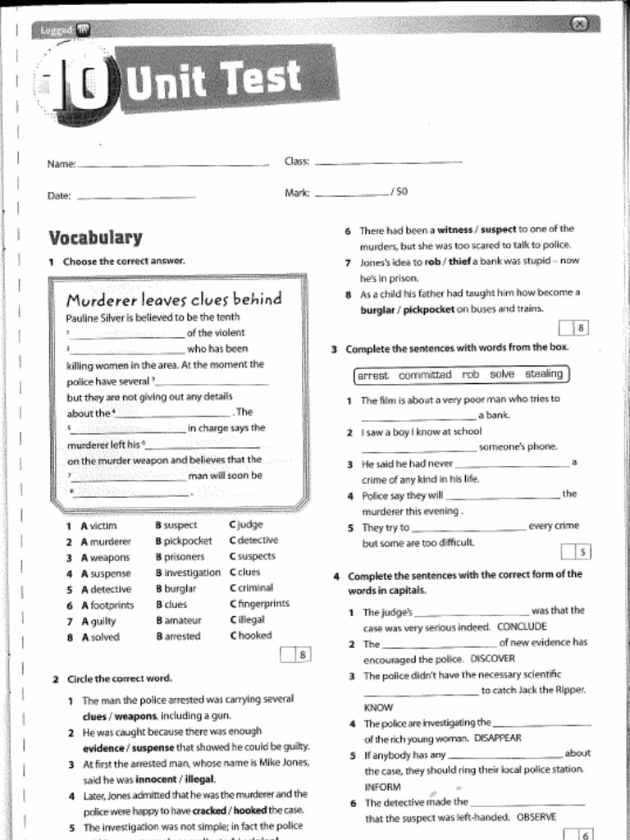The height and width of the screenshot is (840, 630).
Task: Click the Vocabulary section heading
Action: (95, 238)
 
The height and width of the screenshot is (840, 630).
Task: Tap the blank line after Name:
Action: (172, 165)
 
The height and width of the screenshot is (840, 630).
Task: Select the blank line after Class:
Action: (388, 162)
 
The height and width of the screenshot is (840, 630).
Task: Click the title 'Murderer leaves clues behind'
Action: (173, 299)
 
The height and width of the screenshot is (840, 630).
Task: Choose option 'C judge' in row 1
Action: (245, 525)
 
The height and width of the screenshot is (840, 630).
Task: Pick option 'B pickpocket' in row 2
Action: (183, 541)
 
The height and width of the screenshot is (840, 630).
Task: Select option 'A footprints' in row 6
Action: (107, 605)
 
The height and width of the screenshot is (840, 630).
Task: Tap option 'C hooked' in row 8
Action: (250, 636)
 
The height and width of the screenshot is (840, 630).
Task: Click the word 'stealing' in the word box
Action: (543, 375)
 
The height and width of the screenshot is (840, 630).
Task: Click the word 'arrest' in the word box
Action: (373, 376)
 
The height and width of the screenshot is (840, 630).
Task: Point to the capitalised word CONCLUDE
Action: (522, 627)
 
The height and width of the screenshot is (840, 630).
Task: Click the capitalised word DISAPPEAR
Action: (498, 738)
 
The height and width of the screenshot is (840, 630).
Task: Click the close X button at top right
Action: (579, 24)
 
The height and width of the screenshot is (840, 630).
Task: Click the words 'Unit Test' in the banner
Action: (215, 79)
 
